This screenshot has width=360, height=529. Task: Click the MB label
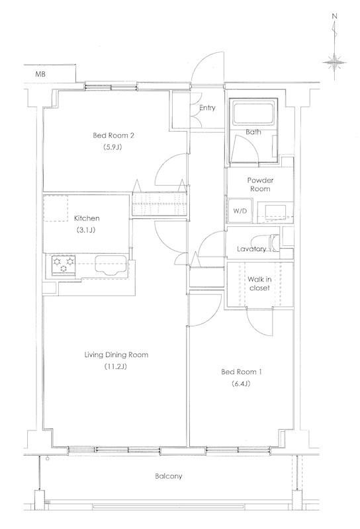[x=40, y=74]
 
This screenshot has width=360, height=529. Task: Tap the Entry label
[x=207, y=108]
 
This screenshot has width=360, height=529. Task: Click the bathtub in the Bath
[x=253, y=113]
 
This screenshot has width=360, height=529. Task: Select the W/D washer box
[x=240, y=211]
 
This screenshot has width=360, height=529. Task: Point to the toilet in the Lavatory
[x=274, y=243]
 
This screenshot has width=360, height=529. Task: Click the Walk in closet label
[x=259, y=284]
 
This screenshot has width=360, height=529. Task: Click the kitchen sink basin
[x=111, y=264]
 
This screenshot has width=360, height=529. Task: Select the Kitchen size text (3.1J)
[x=87, y=230]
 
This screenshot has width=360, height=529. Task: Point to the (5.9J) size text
[x=112, y=147]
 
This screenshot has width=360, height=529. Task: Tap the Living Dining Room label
[x=116, y=354]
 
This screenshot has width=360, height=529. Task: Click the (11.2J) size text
[x=116, y=367]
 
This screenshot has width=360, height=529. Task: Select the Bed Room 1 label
[x=242, y=372]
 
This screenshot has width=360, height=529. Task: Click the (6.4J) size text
[x=241, y=384]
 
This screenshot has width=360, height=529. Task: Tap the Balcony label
[x=169, y=476]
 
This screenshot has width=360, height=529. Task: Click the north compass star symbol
[x=335, y=62]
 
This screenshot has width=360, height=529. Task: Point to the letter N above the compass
[x=335, y=16]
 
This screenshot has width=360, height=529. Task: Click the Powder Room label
[x=260, y=184]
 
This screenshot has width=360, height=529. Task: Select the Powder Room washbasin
[x=275, y=212]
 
